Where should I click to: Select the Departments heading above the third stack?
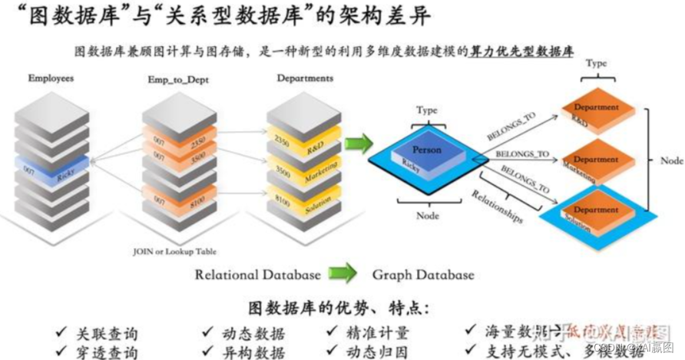click(305, 78)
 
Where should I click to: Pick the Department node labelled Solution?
click(596, 213)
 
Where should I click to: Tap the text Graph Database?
click(423, 275)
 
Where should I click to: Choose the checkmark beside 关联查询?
click(61, 333)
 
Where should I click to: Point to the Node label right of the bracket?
click(670, 161)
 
